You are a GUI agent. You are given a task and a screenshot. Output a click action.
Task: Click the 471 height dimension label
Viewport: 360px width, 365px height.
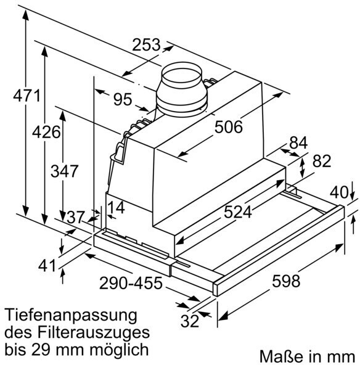click(x=27, y=96)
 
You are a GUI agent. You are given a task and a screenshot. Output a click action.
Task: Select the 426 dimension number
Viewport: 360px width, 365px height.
click(x=46, y=132)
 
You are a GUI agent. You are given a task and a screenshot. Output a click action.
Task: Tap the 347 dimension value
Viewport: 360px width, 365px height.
click(x=64, y=171)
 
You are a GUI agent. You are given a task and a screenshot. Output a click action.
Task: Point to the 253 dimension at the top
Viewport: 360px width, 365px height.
click(x=146, y=44)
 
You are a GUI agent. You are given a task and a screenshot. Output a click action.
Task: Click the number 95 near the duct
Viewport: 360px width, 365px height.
click(x=123, y=99)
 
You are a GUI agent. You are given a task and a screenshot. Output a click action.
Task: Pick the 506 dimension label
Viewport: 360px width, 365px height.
click(x=228, y=127)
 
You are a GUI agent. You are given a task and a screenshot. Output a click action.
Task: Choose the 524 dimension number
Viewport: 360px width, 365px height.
click(x=237, y=212)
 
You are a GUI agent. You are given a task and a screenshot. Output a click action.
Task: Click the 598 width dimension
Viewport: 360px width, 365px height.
click(x=286, y=281)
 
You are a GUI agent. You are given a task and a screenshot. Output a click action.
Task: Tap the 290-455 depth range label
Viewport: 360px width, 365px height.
click(x=131, y=283)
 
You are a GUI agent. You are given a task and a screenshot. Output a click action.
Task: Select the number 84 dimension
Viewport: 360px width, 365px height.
click(x=298, y=143)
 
